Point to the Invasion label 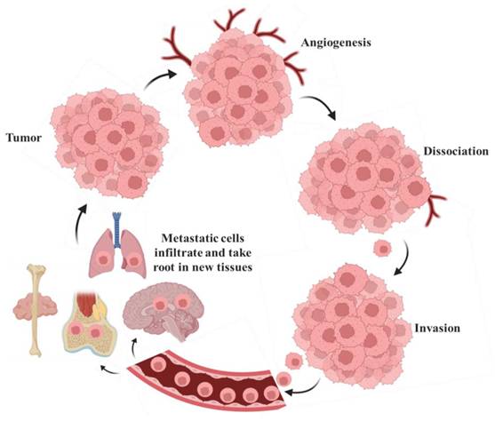tap(436, 328)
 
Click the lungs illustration tap(117, 252)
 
